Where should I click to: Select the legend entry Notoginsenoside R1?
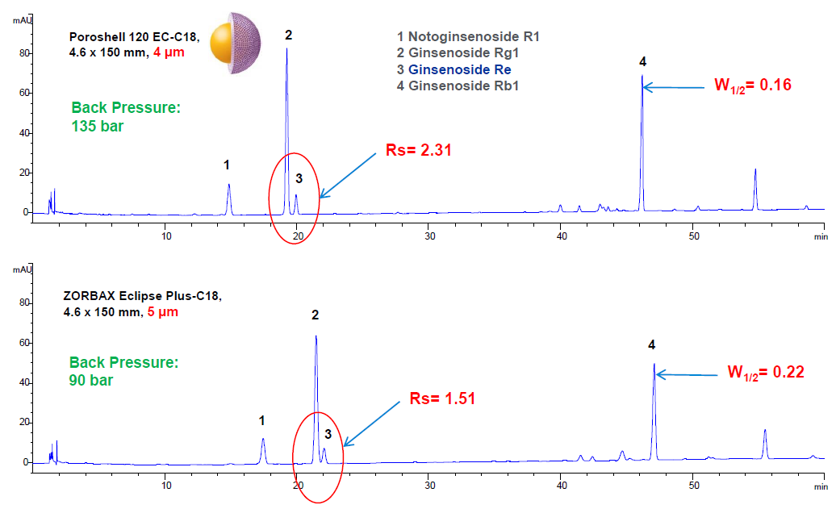(457, 36)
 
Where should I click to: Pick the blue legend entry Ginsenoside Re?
(454, 69)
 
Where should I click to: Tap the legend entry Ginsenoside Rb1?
(457, 86)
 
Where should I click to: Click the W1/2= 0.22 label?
(767, 373)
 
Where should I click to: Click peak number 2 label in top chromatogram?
(288, 35)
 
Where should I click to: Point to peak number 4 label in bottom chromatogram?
(652, 345)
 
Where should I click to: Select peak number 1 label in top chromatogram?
(227, 165)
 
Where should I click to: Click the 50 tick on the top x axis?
(693, 236)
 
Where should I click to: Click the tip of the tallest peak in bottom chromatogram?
(316, 336)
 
